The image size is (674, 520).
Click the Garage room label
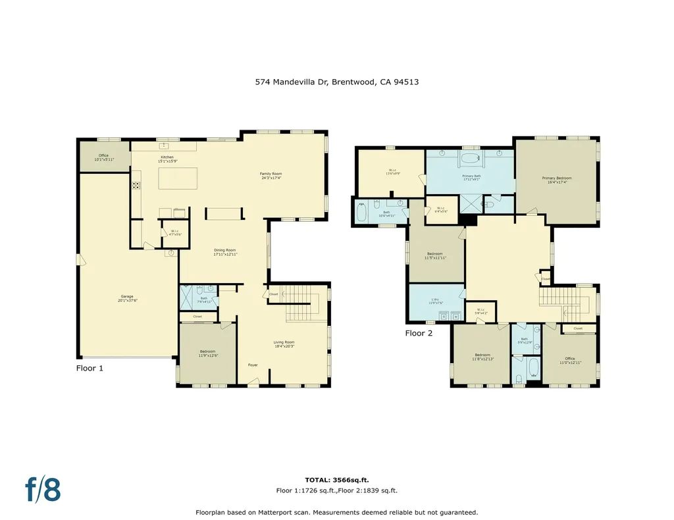tap(128, 298)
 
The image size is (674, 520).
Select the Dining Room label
tap(225, 251)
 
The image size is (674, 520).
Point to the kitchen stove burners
tap(136, 185)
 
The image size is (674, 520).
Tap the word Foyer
tap(253, 365)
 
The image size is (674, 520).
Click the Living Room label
tap(284, 344)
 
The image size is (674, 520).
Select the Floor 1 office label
tap(104, 157)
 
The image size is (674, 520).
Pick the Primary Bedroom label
tap(557, 180)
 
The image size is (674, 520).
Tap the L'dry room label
tap(436, 301)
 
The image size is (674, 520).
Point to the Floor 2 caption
tap(419, 333)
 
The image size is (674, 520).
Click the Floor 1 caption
tap(90, 368)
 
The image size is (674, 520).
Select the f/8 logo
tap(43, 489)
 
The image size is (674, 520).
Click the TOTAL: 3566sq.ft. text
tap(336, 480)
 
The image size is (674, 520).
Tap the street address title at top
tap(337, 82)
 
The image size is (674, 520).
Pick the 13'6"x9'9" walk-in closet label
tap(392, 172)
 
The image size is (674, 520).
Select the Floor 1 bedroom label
tap(208, 353)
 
